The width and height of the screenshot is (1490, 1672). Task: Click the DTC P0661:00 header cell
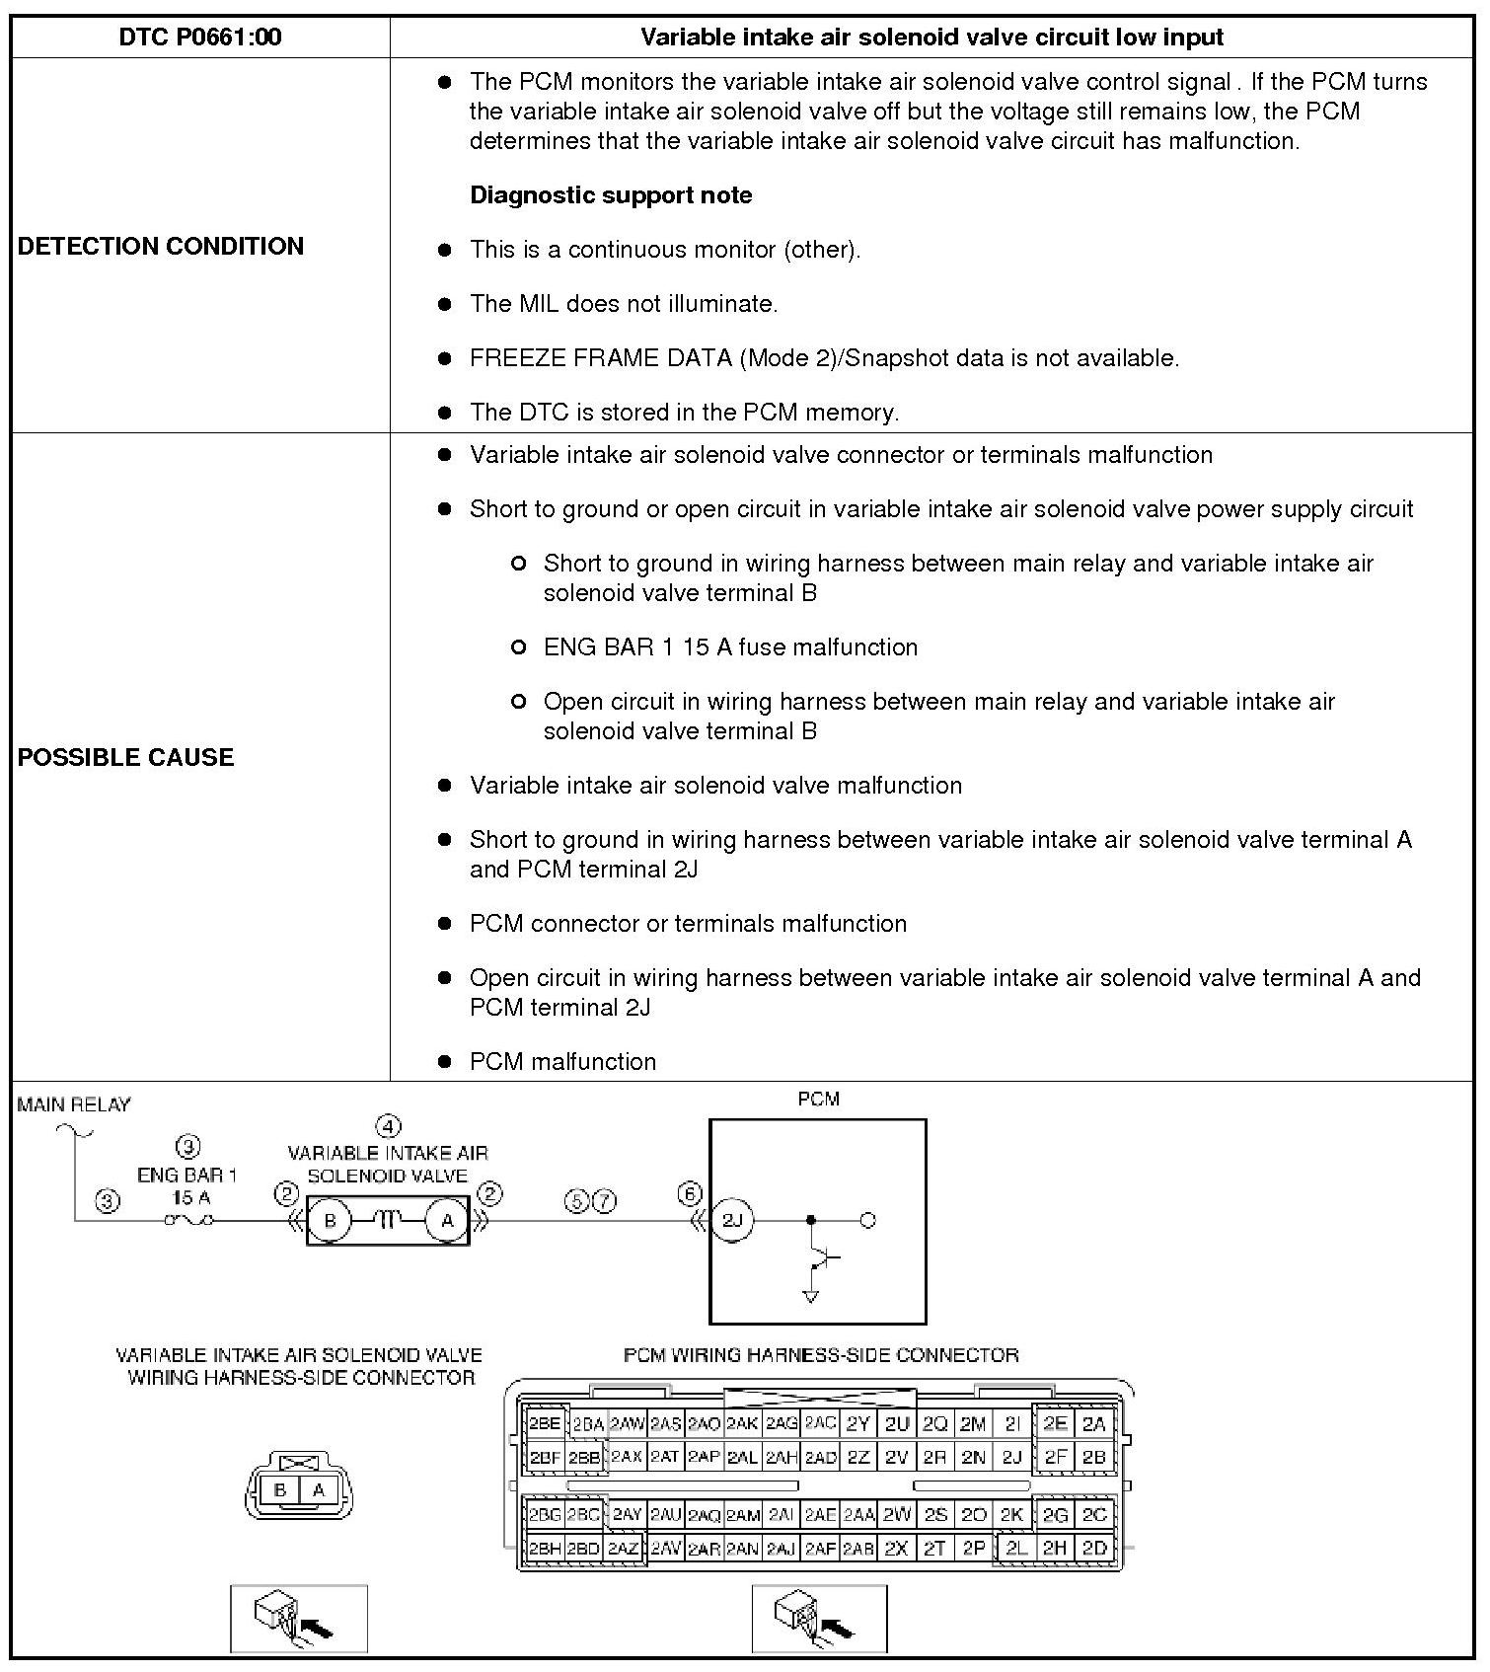[x=200, y=38]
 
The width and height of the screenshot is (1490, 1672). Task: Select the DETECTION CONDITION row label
[x=161, y=246]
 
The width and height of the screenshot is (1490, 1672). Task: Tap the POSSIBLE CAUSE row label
[x=126, y=757]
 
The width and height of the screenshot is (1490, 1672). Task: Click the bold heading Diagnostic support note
[x=611, y=195]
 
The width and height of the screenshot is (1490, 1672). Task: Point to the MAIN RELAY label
[x=74, y=1104]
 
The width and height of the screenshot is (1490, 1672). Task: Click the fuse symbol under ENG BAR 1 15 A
[x=188, y=1221]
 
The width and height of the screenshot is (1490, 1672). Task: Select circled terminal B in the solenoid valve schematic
[x=330, y=1221]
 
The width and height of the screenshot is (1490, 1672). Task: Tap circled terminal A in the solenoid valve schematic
[x=447, y=1221]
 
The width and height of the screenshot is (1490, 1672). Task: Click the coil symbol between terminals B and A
[x=389, y=1221]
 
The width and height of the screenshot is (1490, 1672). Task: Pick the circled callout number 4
[x=389, y=1126]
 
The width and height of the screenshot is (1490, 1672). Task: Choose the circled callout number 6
[x=690, y=1194]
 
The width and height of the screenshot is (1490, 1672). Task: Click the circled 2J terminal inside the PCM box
[x=732, y=1221]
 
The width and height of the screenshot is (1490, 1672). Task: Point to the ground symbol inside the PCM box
[x=811, y=1296]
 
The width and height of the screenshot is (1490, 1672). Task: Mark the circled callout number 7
[x=605, y=1201]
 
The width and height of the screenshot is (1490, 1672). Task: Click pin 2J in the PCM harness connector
[x=1011, y=1457]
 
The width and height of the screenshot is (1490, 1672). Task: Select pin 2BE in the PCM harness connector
[x=544, y=1423]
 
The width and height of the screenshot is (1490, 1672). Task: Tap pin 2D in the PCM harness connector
[x=1094, y=1548]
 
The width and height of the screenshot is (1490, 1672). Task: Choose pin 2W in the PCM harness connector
[x=897, y=1514]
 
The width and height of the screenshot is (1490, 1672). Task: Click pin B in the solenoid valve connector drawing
[x=280, y=1490]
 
